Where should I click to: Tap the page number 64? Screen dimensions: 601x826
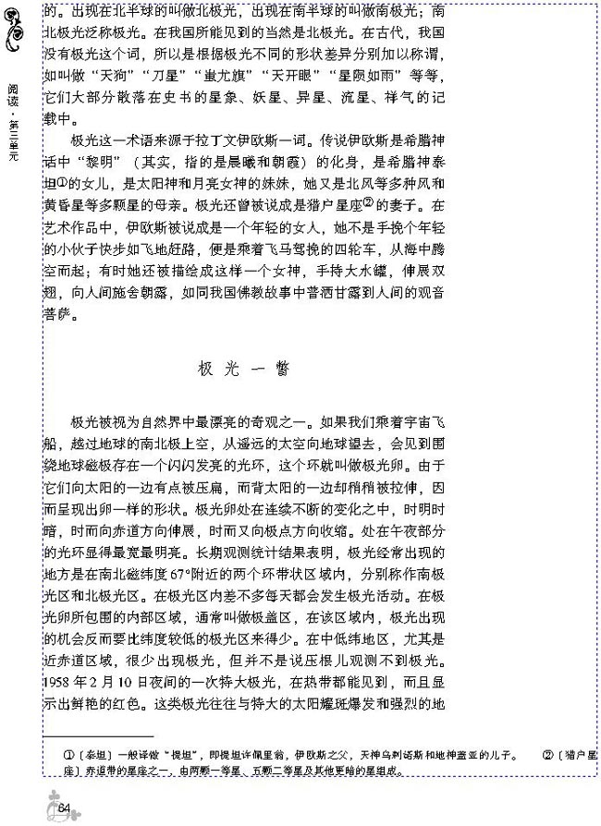[x=64, y=808]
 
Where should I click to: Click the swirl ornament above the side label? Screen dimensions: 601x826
[x=15, y=33]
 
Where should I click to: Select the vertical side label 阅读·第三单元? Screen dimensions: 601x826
[x=13, y=120]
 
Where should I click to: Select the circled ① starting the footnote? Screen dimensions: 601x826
[x=67, y=756]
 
